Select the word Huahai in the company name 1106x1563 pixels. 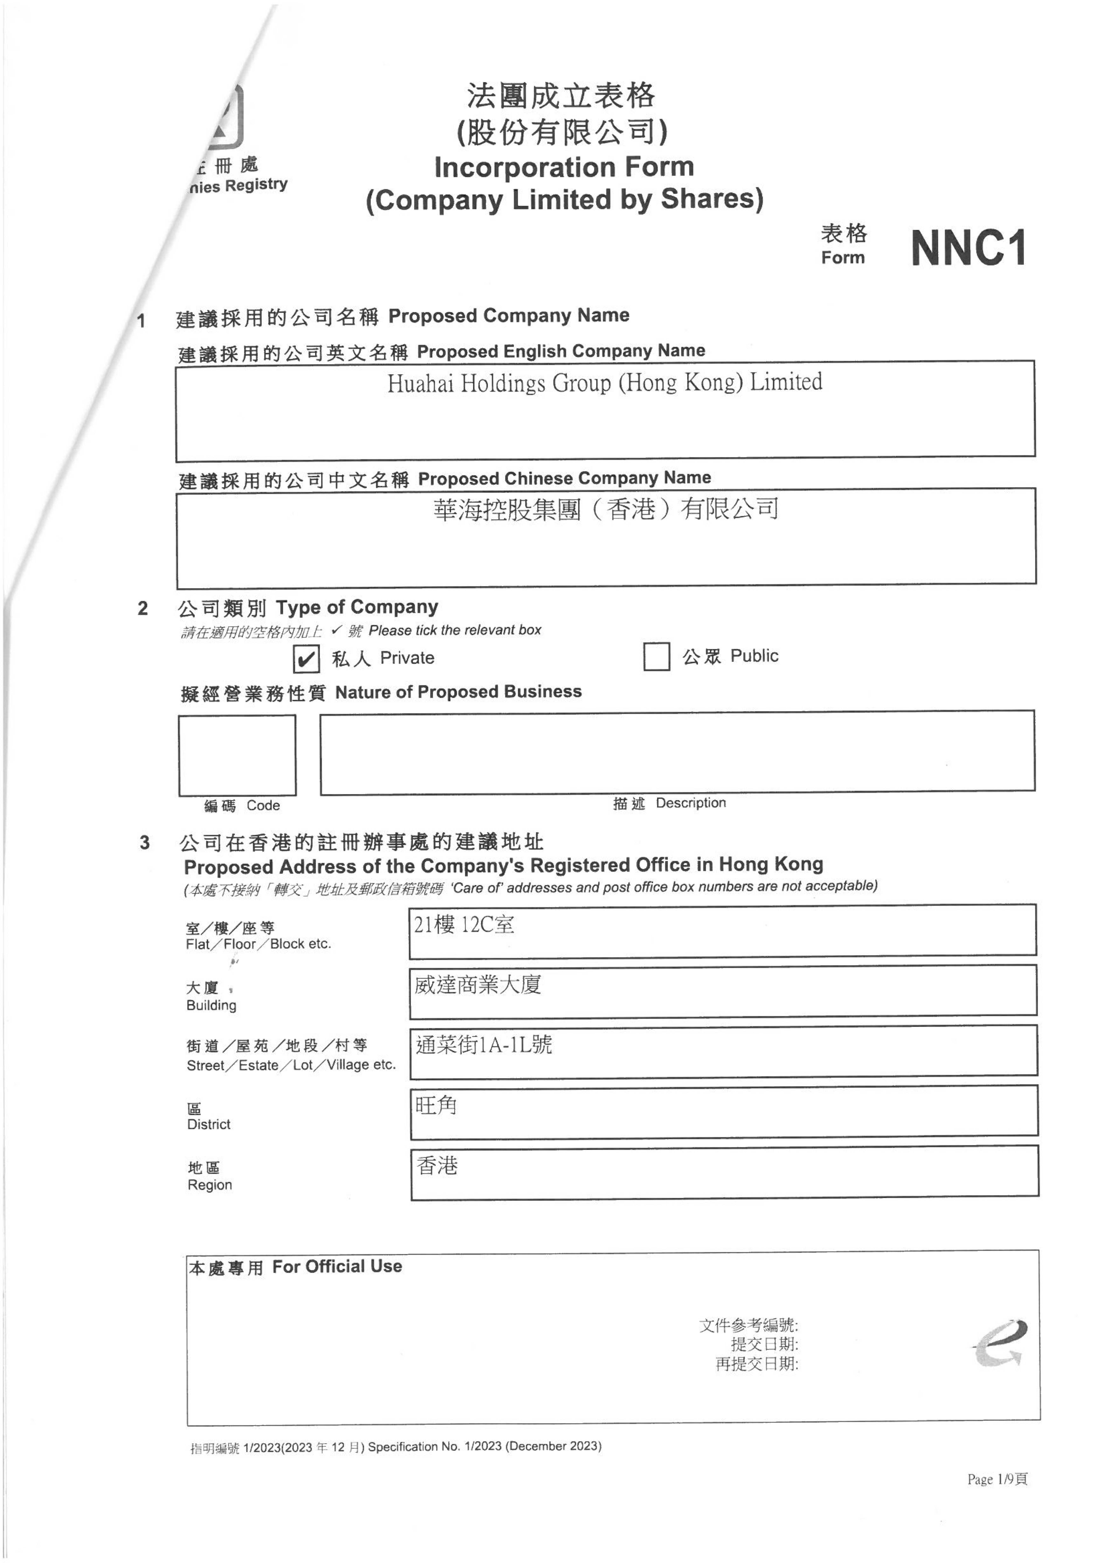click(x=420, y=384)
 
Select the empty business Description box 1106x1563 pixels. click(x=677, y=752)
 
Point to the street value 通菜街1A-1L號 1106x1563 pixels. click(x=484, y=1044)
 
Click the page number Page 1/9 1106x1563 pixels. click(x=997, y=1479)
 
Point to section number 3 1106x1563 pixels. click(x=144, y=843)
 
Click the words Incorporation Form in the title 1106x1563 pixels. click(x=564, y=167)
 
